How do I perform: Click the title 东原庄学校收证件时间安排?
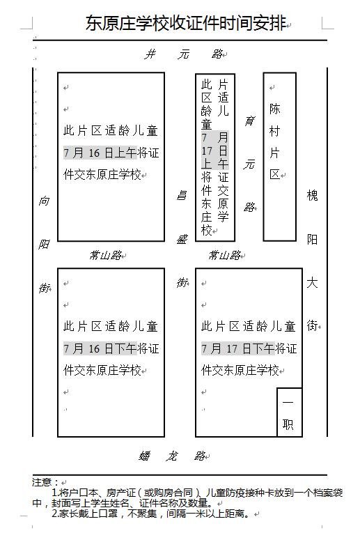coord(186,23)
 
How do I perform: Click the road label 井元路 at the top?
coord(184,54)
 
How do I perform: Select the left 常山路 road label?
coord(105,255)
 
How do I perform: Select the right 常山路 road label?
coord(224,255)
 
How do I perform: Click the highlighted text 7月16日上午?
coord(100,153)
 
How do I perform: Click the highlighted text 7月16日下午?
coord(100,348)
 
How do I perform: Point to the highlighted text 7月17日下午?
coord(238,348)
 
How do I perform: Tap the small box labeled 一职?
coord(290,412)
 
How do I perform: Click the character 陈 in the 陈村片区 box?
coord(274,109)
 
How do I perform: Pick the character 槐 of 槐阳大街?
coord(312,195)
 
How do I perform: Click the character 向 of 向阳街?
coord(44,201)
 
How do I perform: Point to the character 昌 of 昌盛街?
coord(181,196)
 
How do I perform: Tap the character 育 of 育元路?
coord(249,121)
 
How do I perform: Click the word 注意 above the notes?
coord(42,482)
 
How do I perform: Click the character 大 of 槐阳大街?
coord(312,283)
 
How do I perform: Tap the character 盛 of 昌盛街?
coord(181,239)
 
